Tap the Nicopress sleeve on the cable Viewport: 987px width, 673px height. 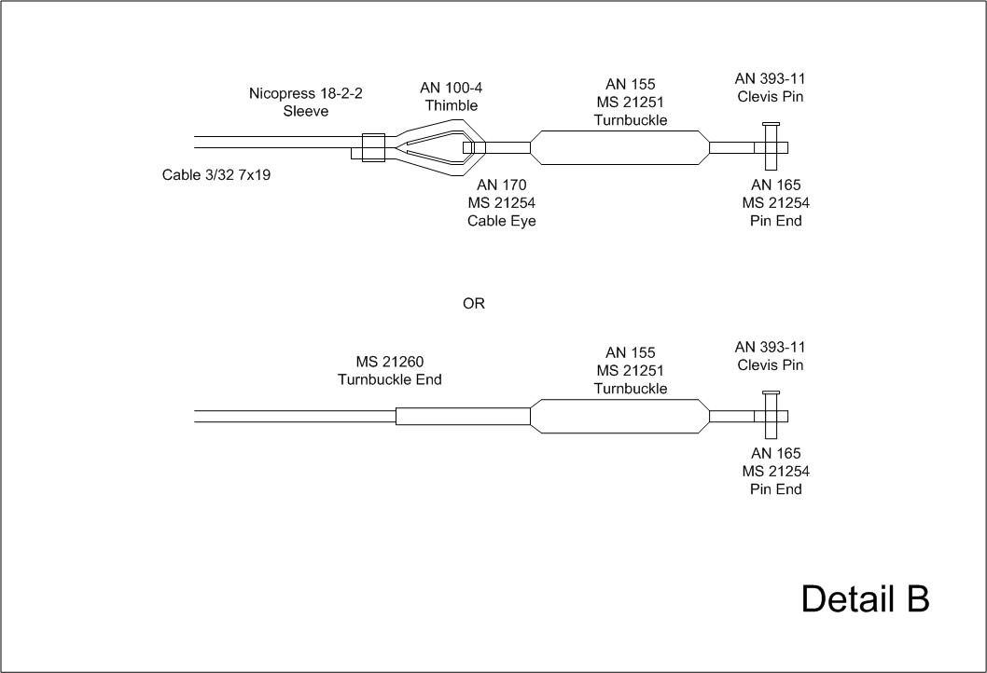point(372,147)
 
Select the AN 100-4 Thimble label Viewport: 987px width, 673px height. point(451,96)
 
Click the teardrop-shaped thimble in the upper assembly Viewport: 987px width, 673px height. point(434,147)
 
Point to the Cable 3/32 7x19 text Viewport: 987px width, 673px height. point(216,174)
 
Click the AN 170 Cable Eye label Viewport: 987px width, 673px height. point(502,203)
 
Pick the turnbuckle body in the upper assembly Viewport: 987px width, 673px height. point(619,147)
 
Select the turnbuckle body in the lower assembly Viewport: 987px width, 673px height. point(619,416)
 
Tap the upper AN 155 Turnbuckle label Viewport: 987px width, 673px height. point(631,103)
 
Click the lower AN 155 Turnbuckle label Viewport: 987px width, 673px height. point(631,370)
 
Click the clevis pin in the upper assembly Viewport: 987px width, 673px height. point(771,147)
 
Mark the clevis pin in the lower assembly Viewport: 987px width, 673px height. point(771,416)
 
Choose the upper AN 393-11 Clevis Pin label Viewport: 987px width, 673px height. point(770,88)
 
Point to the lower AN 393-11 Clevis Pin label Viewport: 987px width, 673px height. point(770,356)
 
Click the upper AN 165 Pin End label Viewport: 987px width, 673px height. point(776,203)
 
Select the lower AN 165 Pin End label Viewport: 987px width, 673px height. point(776,472)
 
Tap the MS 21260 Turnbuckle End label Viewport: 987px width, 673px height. point(390,370)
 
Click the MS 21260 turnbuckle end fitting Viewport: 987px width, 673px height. point(463,416)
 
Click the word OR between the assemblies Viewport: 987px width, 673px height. point(474,304)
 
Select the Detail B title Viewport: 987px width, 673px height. point(865,599)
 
